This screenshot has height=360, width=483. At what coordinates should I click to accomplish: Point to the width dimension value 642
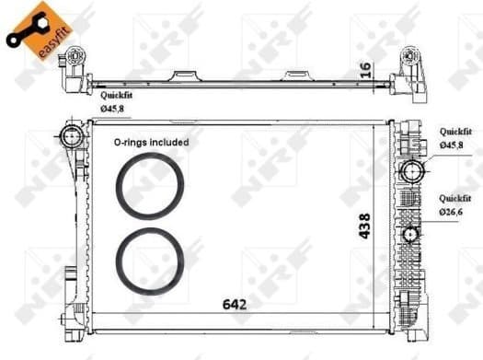pyautogui.click(x=234, y=303)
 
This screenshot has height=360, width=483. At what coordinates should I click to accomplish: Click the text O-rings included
pyautogui.click(x=151, y=143)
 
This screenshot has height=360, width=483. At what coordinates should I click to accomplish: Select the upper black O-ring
pyautogui.click(x=150, y=184)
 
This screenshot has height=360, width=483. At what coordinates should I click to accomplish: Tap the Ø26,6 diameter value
pyautogui.click(x=451, y=212)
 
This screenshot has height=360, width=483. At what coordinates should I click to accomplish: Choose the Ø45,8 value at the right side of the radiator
pyautogui.click(x=451, y=145)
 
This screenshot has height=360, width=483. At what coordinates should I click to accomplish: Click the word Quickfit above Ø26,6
pyautogui.click(x=455, y=198)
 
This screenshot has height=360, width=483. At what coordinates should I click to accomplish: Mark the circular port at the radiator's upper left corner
pyautogui.click(x=71, y=138)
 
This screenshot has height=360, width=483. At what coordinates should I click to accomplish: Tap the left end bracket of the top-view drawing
pyautogui.click(x=70, y=73)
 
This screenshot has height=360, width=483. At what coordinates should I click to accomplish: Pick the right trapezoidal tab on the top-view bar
pyautogui.click(x=296, y=75)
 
